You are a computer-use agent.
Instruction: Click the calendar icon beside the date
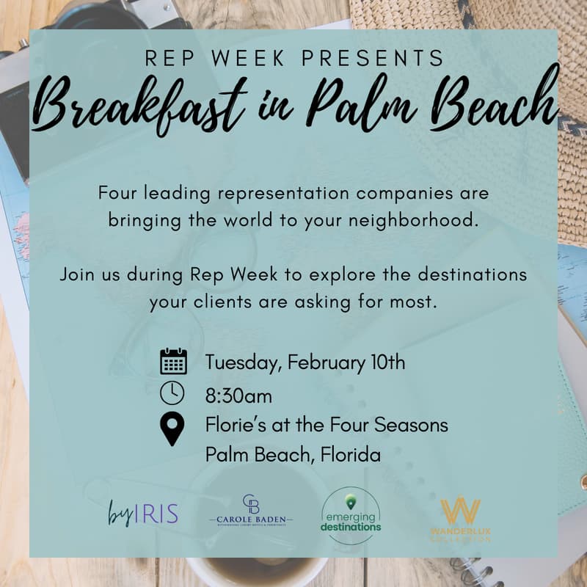click(173, 362)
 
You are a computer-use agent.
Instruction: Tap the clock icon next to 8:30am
click(172, 393)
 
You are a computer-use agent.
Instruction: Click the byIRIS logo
click(143, 513)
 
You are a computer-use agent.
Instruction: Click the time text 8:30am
click(238, 396)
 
